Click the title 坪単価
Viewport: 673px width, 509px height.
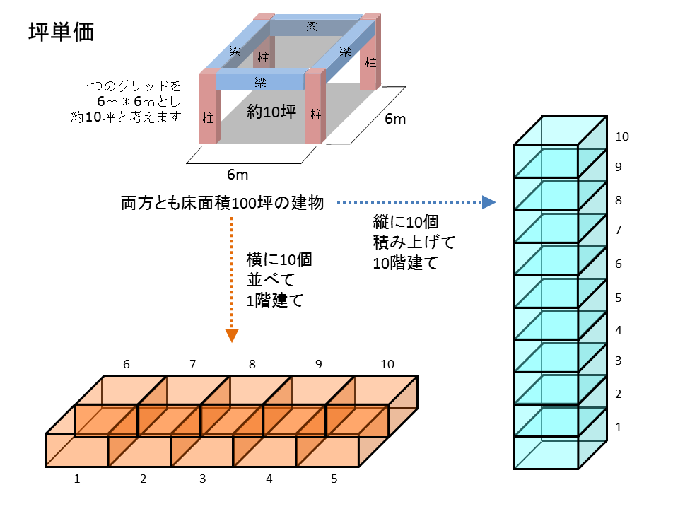tap(61, 33)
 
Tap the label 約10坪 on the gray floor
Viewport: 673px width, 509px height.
tap(271, 112)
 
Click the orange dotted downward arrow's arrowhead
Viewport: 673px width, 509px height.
tap(232, 336)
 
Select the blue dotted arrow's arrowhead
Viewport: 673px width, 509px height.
tap(489, 202)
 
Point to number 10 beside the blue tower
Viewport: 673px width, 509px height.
tap(622, 136)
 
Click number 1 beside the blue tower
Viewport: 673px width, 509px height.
tap(619, 427)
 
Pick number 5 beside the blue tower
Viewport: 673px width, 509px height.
tap(619, 298)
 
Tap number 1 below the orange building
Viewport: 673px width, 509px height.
tap(77, 479)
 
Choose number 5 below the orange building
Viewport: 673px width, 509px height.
tap(334, 479)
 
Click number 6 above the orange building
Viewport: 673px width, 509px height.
tap(126, 364)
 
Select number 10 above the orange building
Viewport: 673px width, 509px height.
tap(387, 364)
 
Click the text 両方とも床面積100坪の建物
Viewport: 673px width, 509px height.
tap(222, 203)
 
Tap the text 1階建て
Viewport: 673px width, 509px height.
tap(275, 300)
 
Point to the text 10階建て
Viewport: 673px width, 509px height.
tap(405, 263)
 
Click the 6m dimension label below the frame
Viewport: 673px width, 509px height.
tap(238, 175)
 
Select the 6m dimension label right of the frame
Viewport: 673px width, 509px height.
tap(395, 119)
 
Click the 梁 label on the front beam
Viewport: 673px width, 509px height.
tap(260, 82)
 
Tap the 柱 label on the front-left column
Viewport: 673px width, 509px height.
tap(208, 117)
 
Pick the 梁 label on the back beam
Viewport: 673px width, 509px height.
tap(312, 27)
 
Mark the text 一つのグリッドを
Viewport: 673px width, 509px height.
tap(129, 86)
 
